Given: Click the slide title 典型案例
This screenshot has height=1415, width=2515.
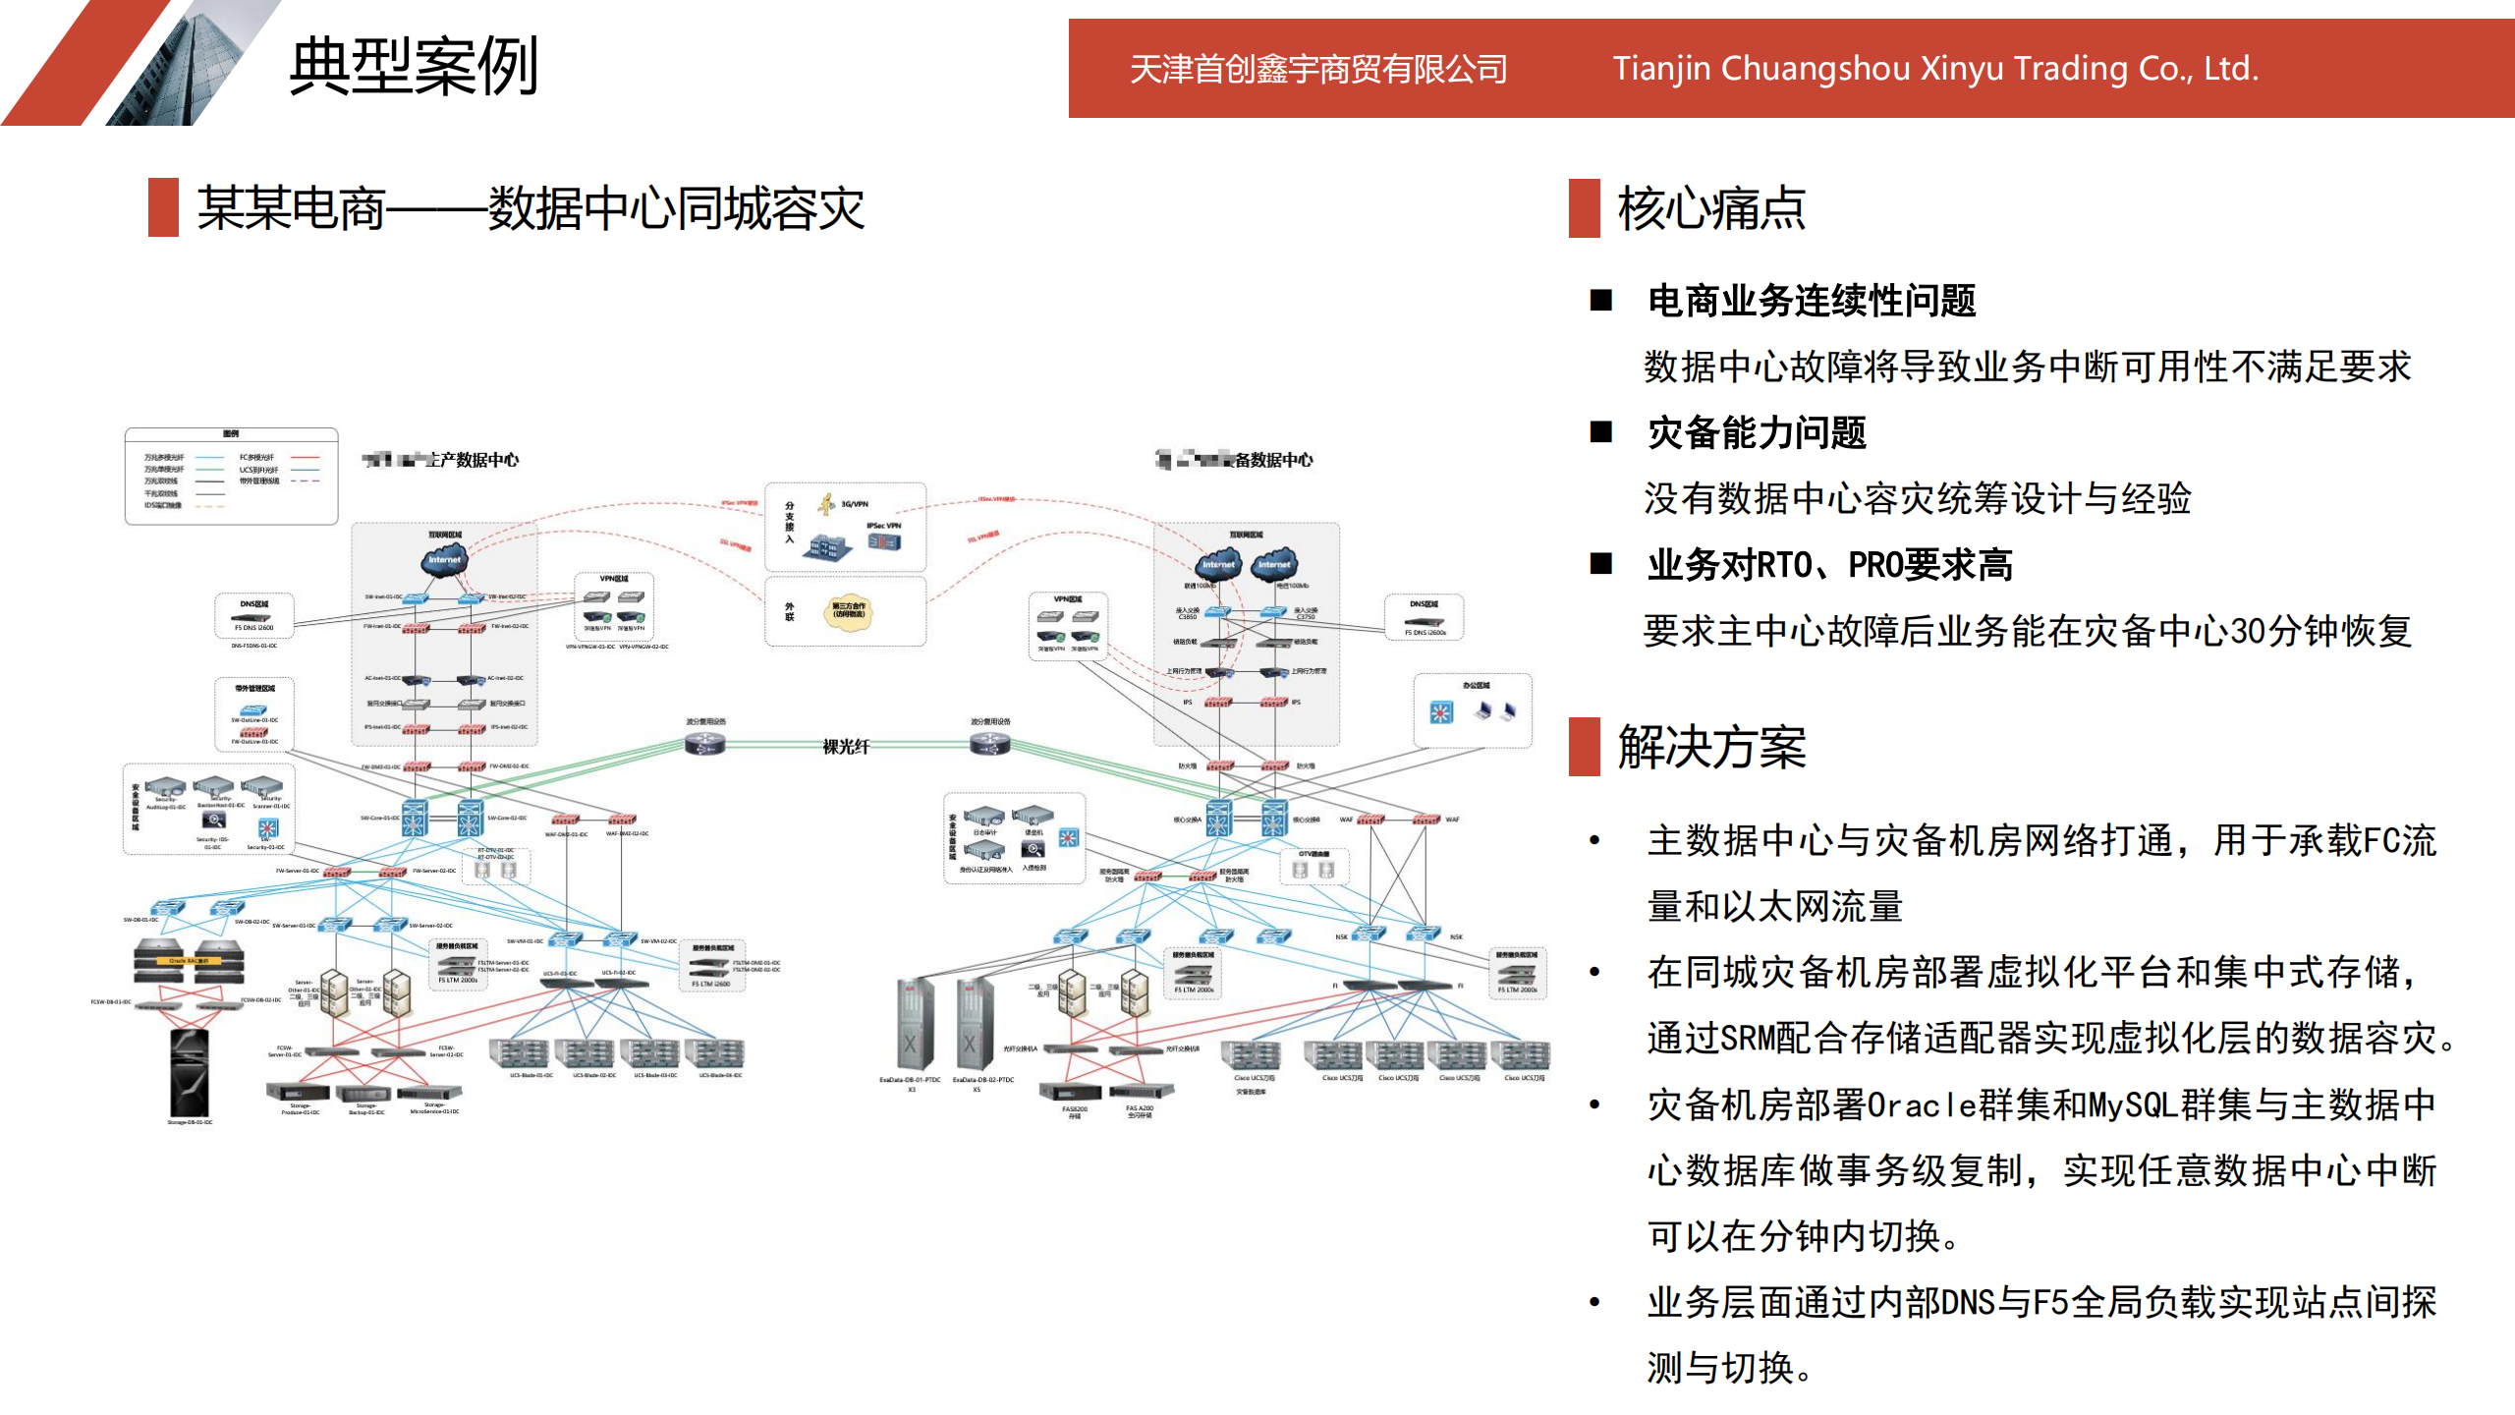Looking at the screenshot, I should pyautogui.click(x=414, y=67).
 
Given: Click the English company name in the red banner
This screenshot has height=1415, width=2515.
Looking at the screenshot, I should pyautogui.click(x=1935, y=69).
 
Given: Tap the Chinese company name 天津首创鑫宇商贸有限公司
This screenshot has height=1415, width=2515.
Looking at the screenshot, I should pyautogui.click(x=1318, y=69).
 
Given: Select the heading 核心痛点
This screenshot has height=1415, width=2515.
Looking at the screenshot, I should pyautogui.click(x=1711, y=208).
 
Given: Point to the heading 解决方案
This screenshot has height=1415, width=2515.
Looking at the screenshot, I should pyautogui.click(x=1711, y=747).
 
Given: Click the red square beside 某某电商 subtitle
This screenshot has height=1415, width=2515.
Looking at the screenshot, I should pyautogui.click(x=163, y=207).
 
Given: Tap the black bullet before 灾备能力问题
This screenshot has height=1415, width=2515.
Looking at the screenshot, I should pyautogui.click(x=1601, y=431).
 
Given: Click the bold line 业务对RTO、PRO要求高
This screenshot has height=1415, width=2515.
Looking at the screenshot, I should pyautogui.click(x=1829, y=565).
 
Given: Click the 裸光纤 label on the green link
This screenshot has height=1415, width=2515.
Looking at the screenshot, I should pyautogui.click(x=846, y=747).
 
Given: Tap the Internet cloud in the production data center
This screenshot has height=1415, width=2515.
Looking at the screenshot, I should pyautogui.click(x=444, y=560).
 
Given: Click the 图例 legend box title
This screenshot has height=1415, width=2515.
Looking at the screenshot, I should pyautogui.click(x=231, y=433).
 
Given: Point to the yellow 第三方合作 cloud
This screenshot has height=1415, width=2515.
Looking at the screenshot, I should pyautogui.click(x=849, y=611).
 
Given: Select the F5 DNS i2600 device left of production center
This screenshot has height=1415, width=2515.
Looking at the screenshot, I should pyautogui.click(x=253, y=619).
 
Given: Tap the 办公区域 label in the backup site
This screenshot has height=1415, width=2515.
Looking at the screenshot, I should pyautogui.click(x=1476, y=685).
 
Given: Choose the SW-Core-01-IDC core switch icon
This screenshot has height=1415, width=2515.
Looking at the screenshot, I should pyautogui.click(x=415, y=818).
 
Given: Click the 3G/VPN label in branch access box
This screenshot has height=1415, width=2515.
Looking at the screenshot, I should pyautogui.click(x=855, y=504).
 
